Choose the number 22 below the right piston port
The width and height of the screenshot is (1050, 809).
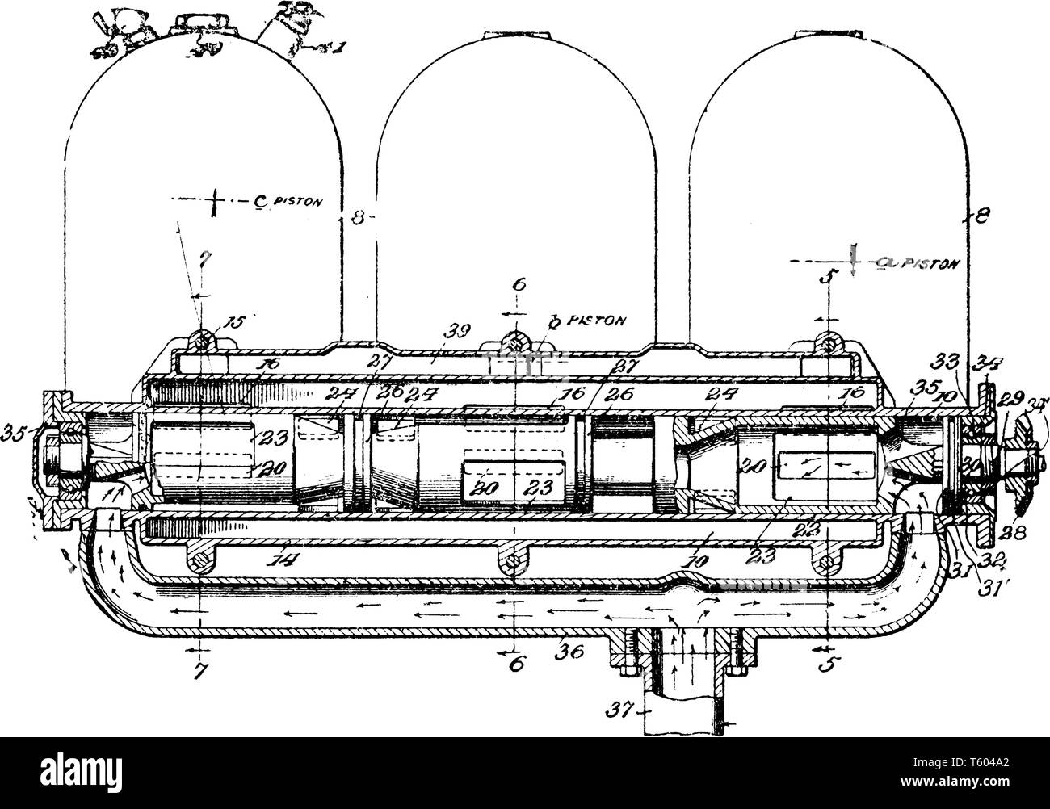[x=827, y=530]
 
